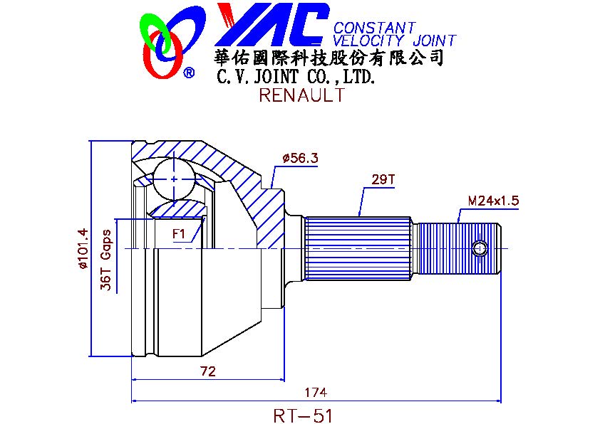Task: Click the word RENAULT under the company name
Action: point(302,95)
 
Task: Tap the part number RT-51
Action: point(303,415)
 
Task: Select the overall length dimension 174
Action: point(316,392)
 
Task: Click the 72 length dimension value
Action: point(208,371)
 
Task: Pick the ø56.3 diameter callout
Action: point(301,158)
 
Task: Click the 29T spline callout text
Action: point(383,179)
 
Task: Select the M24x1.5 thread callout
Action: point(493,201)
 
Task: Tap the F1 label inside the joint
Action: point(179,233)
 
